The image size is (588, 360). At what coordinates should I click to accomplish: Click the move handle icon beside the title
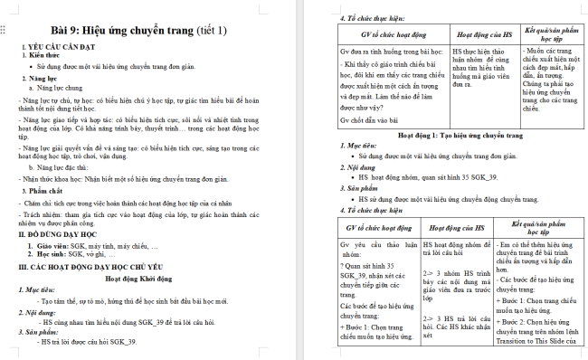6,31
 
